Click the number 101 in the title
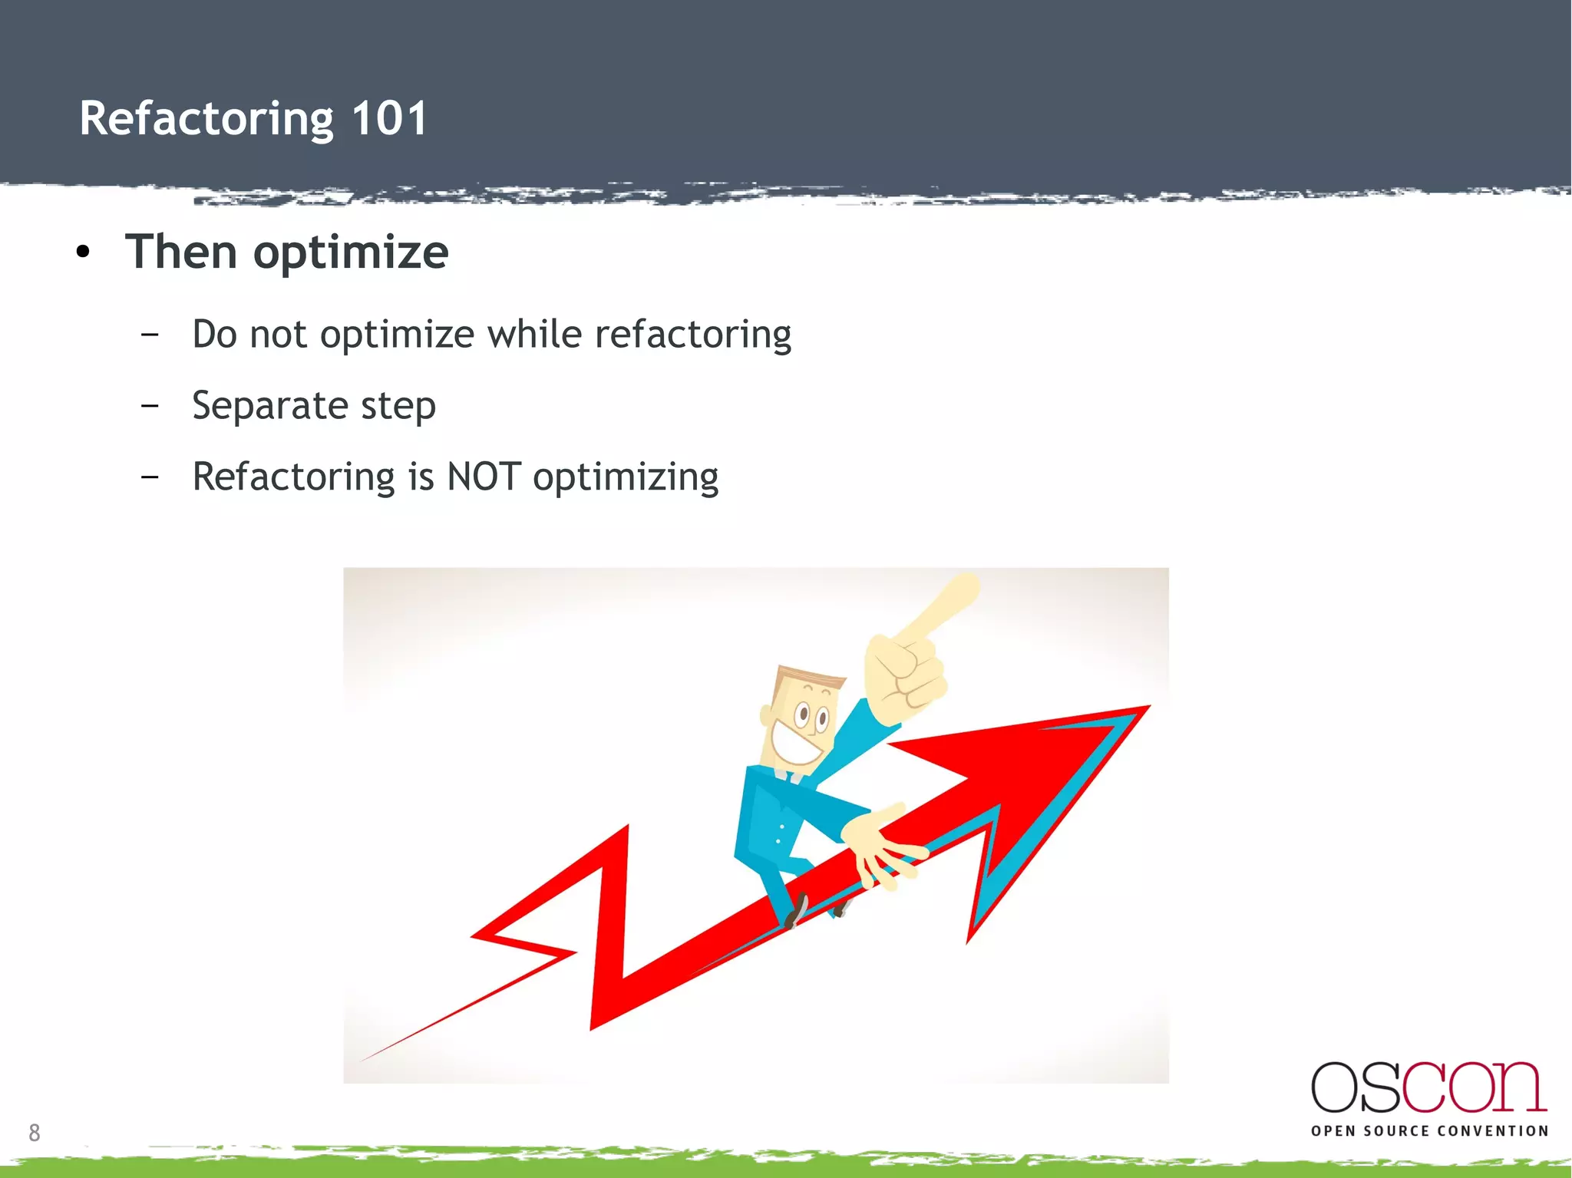click(389, 119)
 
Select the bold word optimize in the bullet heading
click(351, 253)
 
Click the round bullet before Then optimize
click(83, 252)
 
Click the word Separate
click(270, 407)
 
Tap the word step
click(398, 407)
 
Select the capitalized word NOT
click(484, 477)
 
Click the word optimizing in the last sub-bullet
click(626, 478)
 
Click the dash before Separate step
click(150, 405)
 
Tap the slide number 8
click(35, 1132)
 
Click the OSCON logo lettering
click(1428, 1087)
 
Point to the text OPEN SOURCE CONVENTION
click(1429, 1130)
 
